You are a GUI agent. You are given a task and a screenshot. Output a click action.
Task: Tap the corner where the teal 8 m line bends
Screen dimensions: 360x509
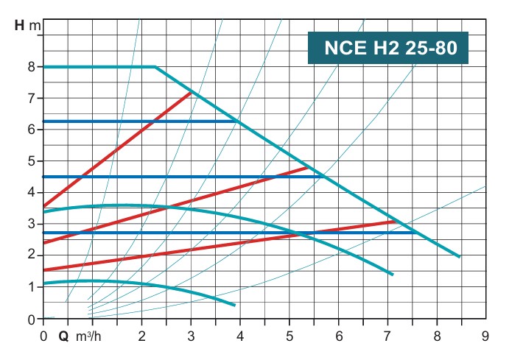pos(155,67)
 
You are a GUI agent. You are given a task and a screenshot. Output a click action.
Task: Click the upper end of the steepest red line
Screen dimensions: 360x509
pos(191,93)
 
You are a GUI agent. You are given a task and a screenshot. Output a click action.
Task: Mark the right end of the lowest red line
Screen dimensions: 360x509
pos(396,221)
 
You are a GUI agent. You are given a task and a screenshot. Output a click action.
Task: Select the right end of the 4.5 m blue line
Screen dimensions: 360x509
pos(323,177)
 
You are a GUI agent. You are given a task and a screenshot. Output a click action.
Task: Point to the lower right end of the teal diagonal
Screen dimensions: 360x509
pos(460,257)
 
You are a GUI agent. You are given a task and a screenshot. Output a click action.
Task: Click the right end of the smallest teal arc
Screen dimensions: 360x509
pos(234,305)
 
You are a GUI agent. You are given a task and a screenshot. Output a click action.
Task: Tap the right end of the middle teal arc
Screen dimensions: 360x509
pos(393,275)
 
